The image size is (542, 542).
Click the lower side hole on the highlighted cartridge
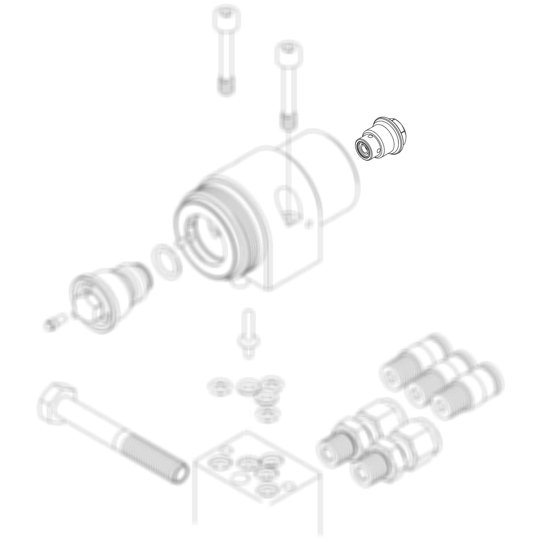379,151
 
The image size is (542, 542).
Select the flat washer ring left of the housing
167,262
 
